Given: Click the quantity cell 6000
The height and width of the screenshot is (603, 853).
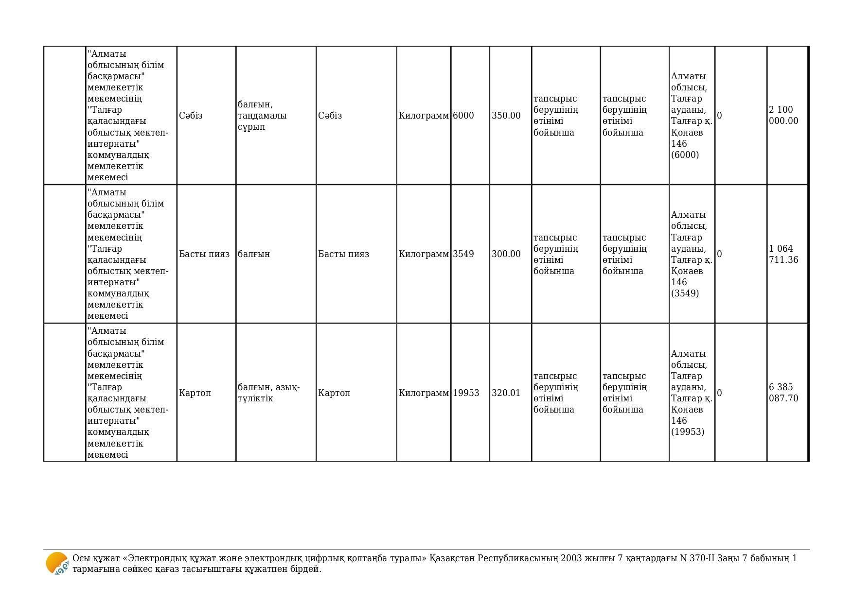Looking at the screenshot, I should (x=463, y=116).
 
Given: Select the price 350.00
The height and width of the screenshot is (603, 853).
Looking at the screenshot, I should (x=506, y=116).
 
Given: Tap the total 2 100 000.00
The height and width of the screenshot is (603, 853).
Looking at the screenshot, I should (x=783, y=115).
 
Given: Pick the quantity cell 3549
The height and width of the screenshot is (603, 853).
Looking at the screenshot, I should (x=463, y=254).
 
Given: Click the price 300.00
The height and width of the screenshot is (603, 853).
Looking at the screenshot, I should (x=506, y=254).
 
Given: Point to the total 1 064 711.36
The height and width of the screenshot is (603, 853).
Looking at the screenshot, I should (x=783, y=254).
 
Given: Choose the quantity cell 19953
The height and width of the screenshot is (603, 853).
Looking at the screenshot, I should (x=466, y=393).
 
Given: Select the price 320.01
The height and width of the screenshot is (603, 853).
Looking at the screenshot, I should (x=506, y=393).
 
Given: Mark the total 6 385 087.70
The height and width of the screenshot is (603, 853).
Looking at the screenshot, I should (x=783, y=393).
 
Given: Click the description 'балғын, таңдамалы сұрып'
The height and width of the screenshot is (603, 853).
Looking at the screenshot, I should (x=262, y=116).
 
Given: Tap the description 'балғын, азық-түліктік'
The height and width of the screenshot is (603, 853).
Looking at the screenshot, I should (x=268, y=393).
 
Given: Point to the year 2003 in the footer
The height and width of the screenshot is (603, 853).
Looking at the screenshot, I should (x=571, y=558).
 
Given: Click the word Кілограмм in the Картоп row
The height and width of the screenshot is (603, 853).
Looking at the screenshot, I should (x=424, y=393).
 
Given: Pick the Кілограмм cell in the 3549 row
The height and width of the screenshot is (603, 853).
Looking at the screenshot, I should (x=424, y=254).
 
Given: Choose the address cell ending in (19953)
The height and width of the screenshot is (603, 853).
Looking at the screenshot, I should (x=691, y=393).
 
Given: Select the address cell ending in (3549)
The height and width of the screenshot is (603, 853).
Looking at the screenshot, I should (x=691, y=254).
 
